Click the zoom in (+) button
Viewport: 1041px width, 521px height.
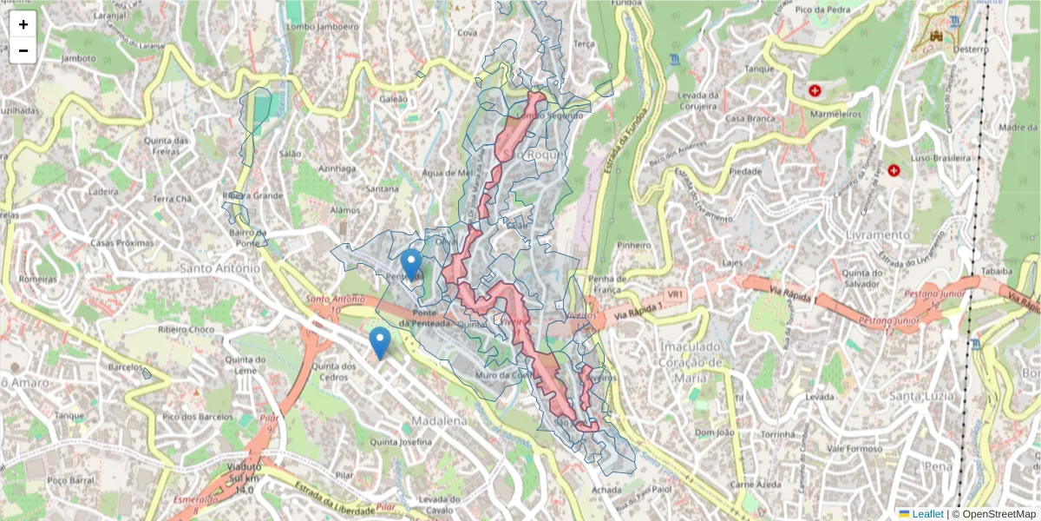[x=23, y=24]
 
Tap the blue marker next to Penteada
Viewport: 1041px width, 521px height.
[x=412, y=263]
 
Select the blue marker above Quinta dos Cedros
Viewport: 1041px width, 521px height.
[x=379, y=342]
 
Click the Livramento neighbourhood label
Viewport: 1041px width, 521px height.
[x=881, y=234]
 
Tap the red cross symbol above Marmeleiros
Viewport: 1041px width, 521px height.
[x=815, y=90]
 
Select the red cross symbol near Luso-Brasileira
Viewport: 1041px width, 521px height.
[x=893, y=169]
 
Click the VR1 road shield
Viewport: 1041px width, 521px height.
[x=677, y=295]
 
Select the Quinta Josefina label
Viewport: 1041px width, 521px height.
[x=400, y=442]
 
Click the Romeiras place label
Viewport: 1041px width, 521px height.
[x=37, y=280]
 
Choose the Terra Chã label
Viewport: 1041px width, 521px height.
[x=171, y=199]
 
